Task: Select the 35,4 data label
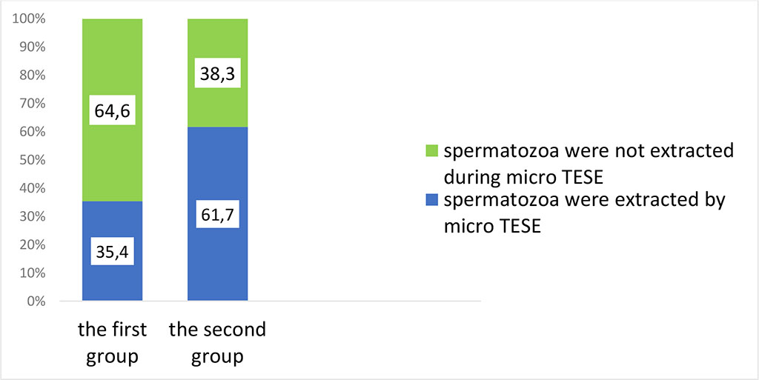coord(111,252)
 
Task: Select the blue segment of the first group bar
coord(111,285)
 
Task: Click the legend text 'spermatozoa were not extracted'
coord(589,151)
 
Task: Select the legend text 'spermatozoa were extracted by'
coord(583,200)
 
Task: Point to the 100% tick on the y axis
coord(30,19)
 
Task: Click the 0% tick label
coord(35,301)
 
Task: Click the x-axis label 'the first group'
coord(111,342)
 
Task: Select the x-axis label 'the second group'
coord(217,342)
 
